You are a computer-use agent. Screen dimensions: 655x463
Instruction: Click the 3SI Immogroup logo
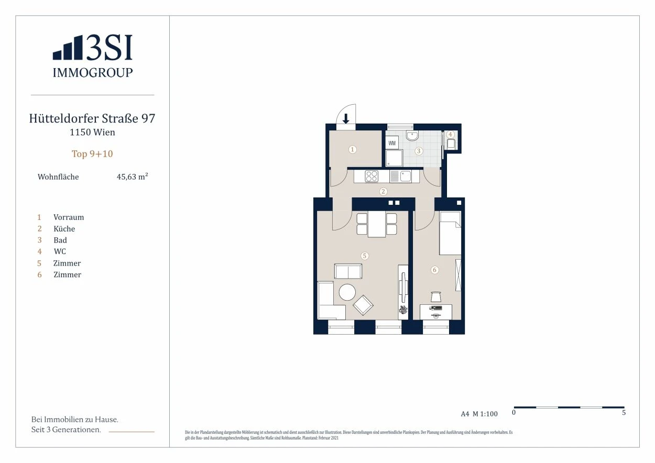[x=92, y=56]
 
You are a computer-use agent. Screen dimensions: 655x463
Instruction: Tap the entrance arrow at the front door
[x=346, y=119]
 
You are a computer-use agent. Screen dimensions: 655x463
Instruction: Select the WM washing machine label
[x=392, y=143]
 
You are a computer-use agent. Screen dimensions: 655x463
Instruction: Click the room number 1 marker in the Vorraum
[x=352, y=150]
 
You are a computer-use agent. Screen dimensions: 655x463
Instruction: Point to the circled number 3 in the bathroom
[x=419, y=151]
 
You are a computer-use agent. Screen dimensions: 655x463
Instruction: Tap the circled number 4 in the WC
[x=450, y=134]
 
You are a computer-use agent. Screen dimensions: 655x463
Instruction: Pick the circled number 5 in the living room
[x=364, y=256]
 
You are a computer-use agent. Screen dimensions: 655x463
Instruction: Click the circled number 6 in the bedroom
[x=434, y=270]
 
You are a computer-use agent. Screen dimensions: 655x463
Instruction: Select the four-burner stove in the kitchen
[x=372, y=177]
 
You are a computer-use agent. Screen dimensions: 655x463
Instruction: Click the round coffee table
[x=347, y=292]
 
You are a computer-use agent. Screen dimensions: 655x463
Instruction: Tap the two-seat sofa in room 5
[x=348, y=271]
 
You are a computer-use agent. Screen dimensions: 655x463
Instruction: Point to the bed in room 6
[x=450, y=233]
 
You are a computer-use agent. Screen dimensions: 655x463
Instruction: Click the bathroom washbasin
[x=412, y=136]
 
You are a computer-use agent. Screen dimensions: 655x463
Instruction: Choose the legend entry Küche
[x=64, y=228]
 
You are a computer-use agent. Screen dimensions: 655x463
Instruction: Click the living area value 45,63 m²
[x=132, y=177]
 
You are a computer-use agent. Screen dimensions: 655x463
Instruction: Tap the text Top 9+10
[x=92, y=154]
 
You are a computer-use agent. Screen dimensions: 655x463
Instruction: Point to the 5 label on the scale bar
[x=624, y=412]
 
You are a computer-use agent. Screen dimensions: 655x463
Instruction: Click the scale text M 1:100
[x=485, y=414]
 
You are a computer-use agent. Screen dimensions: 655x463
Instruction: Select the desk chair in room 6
[x=435, y=296]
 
